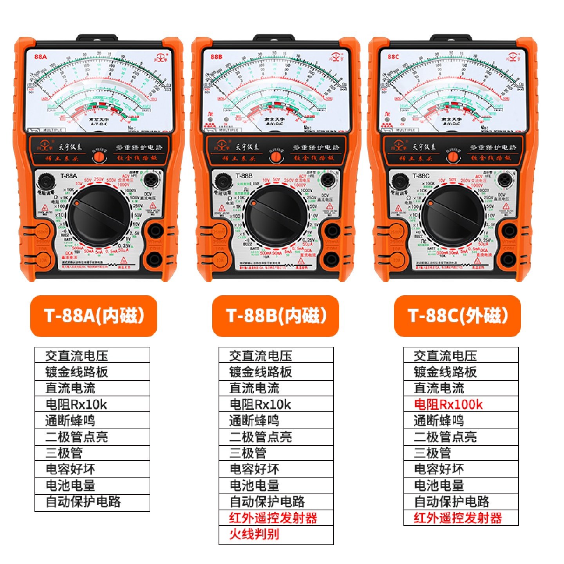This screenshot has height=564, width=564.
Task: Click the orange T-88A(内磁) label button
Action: point(94,316)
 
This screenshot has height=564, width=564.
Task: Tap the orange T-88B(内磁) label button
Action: point(275,316)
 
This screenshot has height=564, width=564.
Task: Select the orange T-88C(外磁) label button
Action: point(457,316)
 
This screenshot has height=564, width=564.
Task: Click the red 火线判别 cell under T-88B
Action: point(276,534)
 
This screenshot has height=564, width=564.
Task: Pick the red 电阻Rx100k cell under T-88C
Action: point(461,404)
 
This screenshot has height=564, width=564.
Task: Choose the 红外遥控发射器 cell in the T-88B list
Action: point(276,518)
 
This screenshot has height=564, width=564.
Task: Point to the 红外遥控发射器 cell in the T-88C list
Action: point(461,518)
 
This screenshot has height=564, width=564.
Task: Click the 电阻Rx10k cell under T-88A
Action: point(92,404)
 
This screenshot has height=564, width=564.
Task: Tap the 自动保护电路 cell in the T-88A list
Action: point(92,502)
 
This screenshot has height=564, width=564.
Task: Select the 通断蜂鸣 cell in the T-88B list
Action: point(276,421)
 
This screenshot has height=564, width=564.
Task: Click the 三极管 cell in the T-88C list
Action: point(461,453)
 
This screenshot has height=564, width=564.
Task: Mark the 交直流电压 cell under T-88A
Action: point(92,356)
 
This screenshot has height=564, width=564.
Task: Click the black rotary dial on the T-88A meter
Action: point(99,217)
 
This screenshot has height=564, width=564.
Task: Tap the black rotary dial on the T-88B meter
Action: point(276,217)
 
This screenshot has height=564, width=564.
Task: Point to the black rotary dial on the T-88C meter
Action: point(453,217)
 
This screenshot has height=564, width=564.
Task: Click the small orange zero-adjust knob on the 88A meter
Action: point(99,157)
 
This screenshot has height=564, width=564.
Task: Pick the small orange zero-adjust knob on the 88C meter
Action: point(453,157)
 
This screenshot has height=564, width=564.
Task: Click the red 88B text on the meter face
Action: point(216,57)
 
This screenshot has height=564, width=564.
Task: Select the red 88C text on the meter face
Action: point(393,57)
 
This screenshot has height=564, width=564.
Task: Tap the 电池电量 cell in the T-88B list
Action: point(276,486)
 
